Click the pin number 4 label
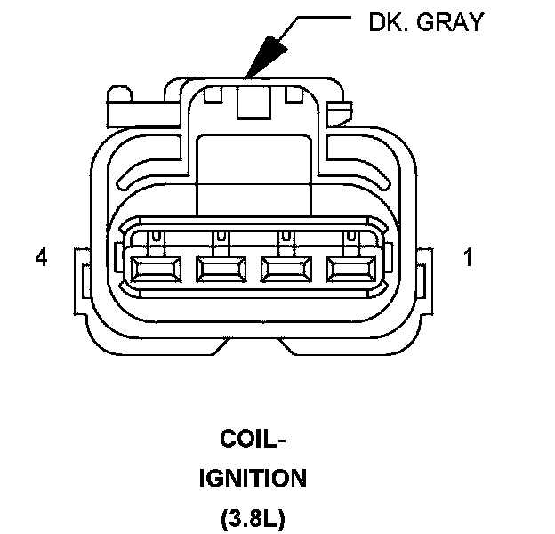pyautogui.click(x=40, y=258)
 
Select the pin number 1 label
pyautogui.click(x=468, y=258)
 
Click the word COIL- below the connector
pyautogui.click(x=253, y=441)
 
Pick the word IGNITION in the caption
pyautogui.click(x=252, y=479)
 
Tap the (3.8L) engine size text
pyautogui.click(x=252, y=518)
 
